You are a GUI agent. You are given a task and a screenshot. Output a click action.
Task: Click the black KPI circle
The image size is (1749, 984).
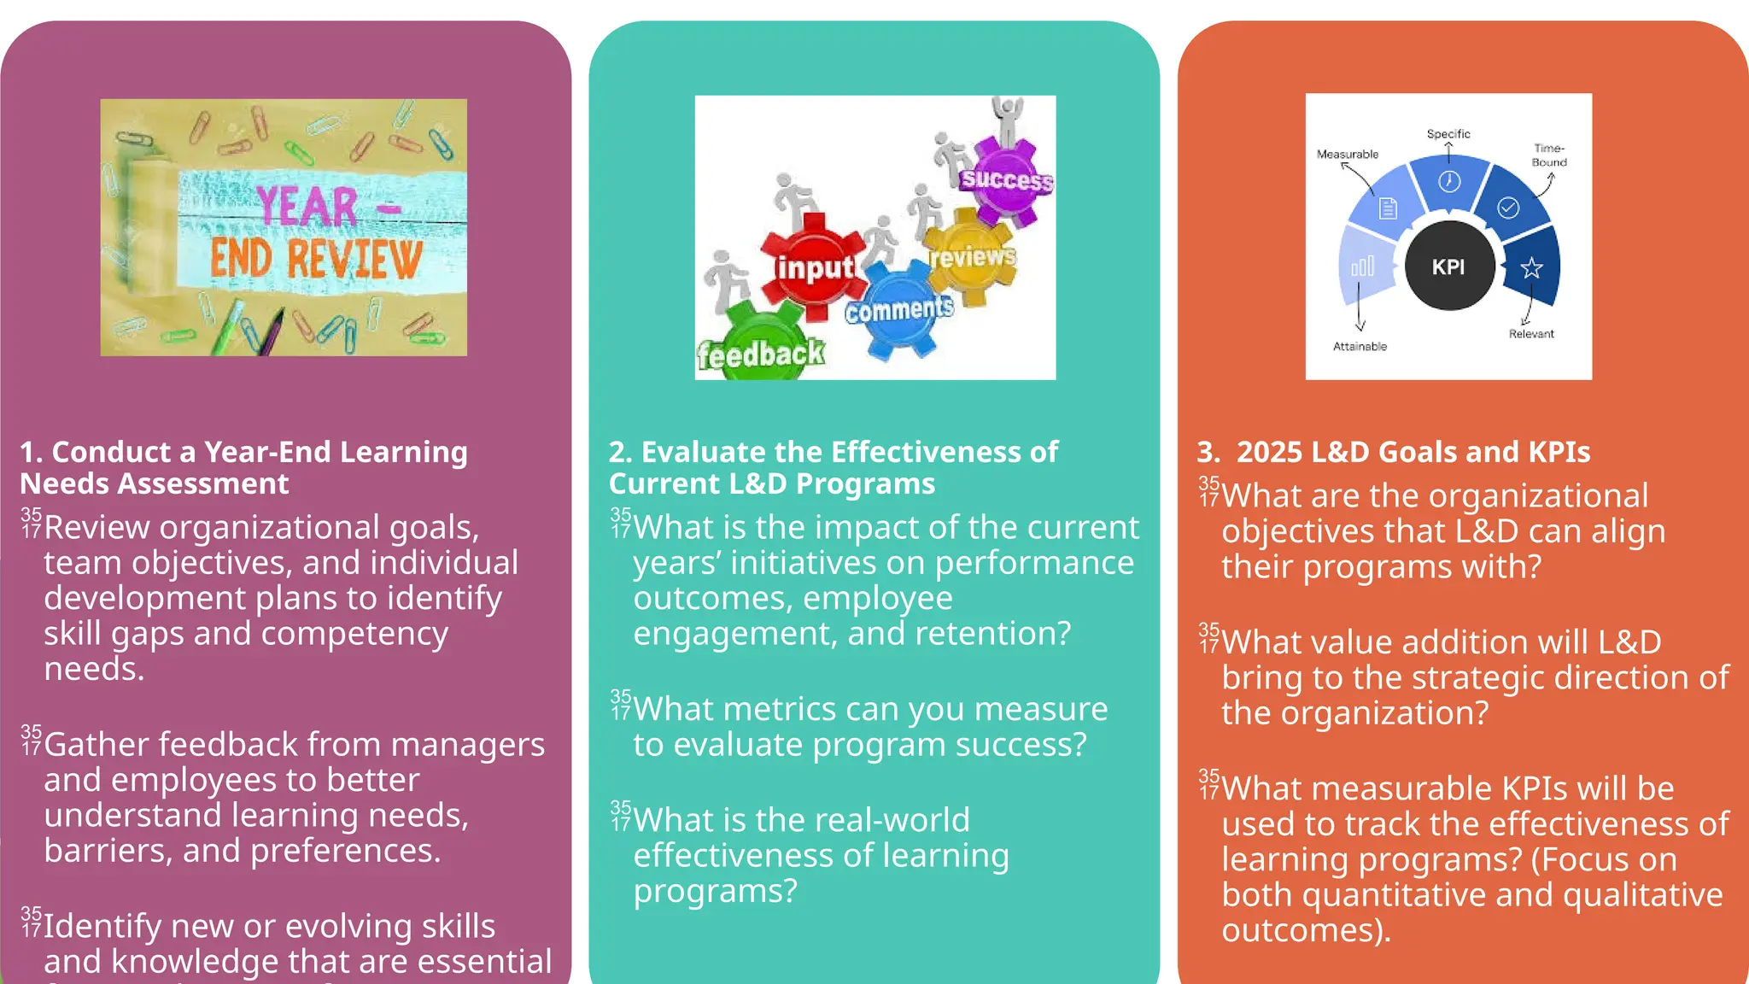(x=1448, y=266)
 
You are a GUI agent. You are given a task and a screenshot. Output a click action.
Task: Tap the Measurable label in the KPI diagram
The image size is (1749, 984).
(x=1347, y=155)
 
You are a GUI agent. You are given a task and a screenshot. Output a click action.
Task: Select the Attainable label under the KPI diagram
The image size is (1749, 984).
(x=1360, y=346)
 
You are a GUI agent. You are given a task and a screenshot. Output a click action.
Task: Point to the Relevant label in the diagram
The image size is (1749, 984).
(x=1530, y=334)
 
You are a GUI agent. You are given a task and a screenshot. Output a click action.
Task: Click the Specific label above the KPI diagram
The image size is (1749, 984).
(x=1448, y=134)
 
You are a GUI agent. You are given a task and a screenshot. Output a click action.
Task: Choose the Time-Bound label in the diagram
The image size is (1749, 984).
(x=1548, y=155)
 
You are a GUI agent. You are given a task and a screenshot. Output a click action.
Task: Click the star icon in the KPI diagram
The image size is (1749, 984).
(x=1531, y=268)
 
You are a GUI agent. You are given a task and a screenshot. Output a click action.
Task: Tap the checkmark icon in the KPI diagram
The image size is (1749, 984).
(x=1508, y=208)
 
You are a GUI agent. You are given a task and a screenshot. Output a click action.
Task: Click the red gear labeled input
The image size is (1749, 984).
(x=813, y=266)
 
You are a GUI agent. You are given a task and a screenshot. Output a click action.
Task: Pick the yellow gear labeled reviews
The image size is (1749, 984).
(x=972, y=256)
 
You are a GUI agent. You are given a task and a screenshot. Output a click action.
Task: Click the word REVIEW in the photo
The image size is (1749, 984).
(x=354, y=258)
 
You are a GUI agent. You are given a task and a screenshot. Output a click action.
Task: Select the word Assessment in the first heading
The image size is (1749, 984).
(x=203, y=484)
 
